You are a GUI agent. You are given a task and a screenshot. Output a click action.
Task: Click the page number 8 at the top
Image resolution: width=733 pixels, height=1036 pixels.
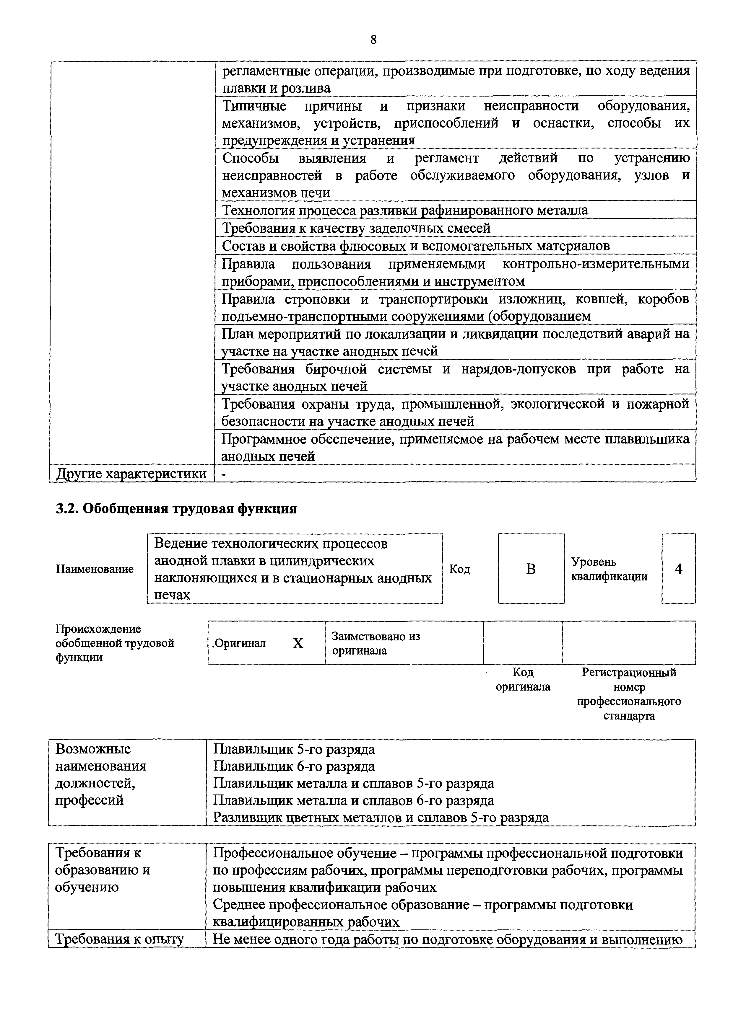[x=373, y=40]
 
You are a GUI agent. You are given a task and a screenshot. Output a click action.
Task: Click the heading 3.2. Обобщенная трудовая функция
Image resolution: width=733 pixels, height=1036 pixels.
[x=176, y=508]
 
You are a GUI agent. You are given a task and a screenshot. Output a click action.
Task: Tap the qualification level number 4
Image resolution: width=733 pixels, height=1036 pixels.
[x=678, y=569]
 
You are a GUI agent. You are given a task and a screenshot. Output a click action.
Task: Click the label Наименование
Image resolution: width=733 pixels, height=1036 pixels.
[x=95, y=569]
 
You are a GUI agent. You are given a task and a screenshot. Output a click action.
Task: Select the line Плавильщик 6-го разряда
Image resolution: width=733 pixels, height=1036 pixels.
[x=294, y=766]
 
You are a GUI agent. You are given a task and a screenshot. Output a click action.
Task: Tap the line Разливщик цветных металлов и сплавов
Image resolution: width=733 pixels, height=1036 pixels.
[x=381, y=818]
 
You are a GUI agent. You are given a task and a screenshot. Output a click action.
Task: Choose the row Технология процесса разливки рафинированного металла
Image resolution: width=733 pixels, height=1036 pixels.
[x=405, y=210]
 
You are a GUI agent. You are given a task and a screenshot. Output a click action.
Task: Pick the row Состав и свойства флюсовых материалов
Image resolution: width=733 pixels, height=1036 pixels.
[x=415, y=246]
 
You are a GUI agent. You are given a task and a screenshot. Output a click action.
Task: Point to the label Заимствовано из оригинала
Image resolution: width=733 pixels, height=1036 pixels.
[x=376, y=643]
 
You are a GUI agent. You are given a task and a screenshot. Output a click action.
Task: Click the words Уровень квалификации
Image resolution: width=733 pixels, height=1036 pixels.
[x=609, y=569]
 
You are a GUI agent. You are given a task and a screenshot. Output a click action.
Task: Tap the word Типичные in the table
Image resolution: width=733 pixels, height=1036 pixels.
[x=255, y=106]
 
